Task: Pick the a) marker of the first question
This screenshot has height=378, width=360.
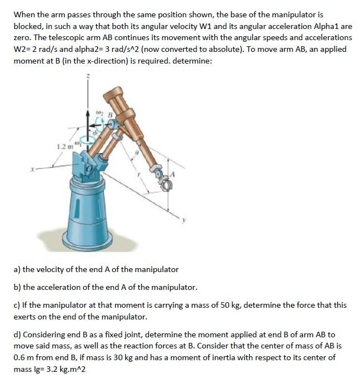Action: [17, 269]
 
